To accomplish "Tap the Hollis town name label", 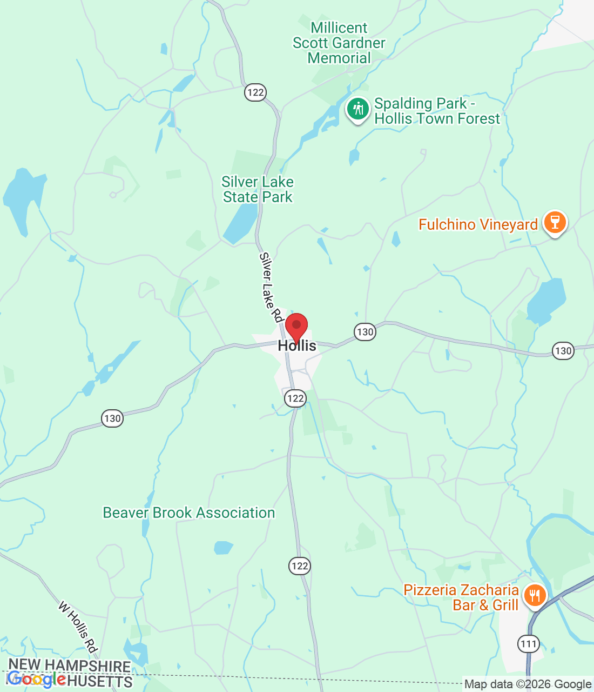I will point(297,346).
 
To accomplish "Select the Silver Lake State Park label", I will point(258,189).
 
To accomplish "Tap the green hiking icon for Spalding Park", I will point(357,109).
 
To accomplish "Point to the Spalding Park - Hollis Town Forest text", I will point(437,111).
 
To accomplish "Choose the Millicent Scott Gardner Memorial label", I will point(339,43).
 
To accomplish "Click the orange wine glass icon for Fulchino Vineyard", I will point(555,222).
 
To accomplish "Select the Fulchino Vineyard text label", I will point(478,224).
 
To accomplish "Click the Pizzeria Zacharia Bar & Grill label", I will point(461,597).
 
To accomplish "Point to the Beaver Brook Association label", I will point(189,513).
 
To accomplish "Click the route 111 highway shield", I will point(528,643).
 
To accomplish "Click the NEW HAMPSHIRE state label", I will point(70,666).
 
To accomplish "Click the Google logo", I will point(37,680).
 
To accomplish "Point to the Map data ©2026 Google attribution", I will point(528,684).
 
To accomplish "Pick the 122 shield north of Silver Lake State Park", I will point(255,92).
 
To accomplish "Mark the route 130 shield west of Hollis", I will point(112,418).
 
